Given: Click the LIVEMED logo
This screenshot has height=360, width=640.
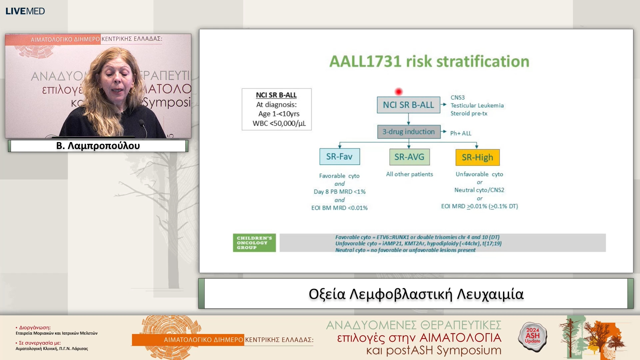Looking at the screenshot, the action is pos(25,11).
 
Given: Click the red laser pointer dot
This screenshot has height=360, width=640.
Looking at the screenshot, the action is pos(398,91).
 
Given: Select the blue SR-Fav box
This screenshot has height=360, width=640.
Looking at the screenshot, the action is pos(339,157).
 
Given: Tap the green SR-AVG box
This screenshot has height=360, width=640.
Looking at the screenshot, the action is pos(409,157).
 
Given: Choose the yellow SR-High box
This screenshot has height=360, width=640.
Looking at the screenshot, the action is pos(477,157).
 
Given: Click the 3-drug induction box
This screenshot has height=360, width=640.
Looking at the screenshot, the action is pos(409,132).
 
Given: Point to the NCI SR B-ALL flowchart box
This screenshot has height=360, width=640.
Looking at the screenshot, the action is pos(408,105).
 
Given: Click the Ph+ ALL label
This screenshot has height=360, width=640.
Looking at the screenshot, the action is pos(461,133).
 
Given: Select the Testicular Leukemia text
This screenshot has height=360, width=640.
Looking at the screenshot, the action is pos(477,105).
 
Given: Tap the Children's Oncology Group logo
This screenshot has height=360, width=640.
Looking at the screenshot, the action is pos(254,243).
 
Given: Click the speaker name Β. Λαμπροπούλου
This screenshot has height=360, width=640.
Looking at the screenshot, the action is pos(98,146).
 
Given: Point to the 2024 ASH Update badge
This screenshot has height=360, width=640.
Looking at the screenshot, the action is pos(533,337).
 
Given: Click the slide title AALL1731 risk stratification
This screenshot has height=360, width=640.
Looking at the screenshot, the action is pos(429,61).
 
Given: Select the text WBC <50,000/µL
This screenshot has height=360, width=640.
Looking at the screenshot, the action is pos(279,123).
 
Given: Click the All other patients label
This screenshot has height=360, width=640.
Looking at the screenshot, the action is pos(409,174).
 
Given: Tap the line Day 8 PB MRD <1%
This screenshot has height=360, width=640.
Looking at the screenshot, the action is pos(339,192).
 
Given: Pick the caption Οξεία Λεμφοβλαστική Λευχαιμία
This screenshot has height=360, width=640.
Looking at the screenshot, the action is pos(416,294).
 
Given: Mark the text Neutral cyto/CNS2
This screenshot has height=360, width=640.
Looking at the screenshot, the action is pos(479,190).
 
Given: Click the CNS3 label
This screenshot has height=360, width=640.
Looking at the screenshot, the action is pos(457,97).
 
